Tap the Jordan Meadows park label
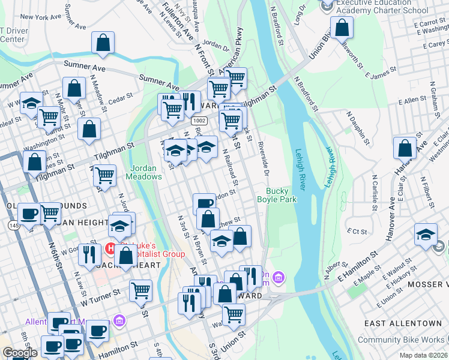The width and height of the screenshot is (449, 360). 143,172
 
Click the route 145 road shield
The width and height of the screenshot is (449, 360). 13,224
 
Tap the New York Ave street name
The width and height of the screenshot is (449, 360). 41,17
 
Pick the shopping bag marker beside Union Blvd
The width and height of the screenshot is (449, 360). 341,28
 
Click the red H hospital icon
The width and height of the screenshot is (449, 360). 110,247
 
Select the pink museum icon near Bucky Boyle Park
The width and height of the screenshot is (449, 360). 279,277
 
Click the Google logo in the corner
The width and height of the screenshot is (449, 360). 20,353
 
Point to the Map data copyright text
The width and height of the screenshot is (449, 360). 423,355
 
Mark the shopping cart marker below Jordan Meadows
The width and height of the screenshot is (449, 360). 105,176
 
